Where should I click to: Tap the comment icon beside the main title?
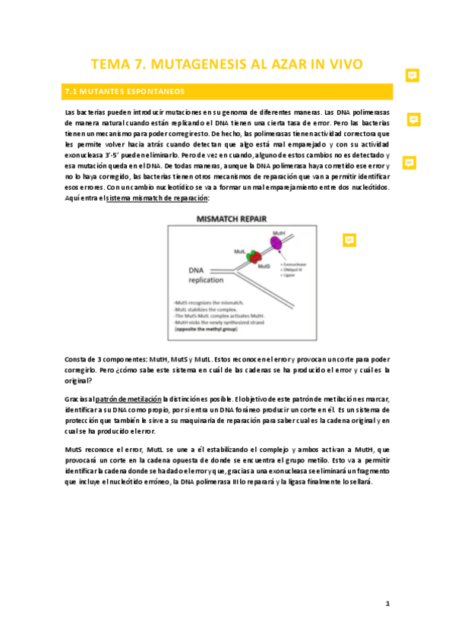pyautogui.click(x=412, y=74)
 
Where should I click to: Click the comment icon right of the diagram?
pyautogui.click(x=349, y=239)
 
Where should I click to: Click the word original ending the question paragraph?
pyautogui.click(x=78, y=380)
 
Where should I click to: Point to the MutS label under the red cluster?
pyautogui.click(x=264, y=267)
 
